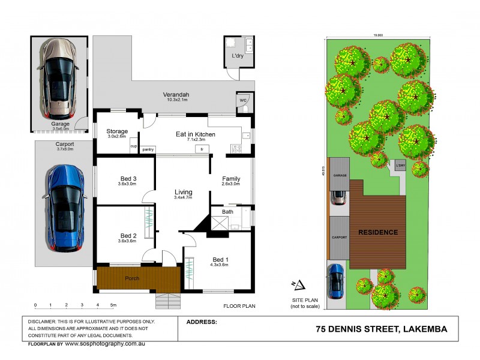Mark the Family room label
tap(231, 179)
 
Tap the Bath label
tap(227, 212)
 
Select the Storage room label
tap(117, 131)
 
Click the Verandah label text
tap(176, 95)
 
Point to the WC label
tap(243, 100)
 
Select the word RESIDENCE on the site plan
tap(378, 232)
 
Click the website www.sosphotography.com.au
tap(105, 344)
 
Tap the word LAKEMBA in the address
tap(425, 329)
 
